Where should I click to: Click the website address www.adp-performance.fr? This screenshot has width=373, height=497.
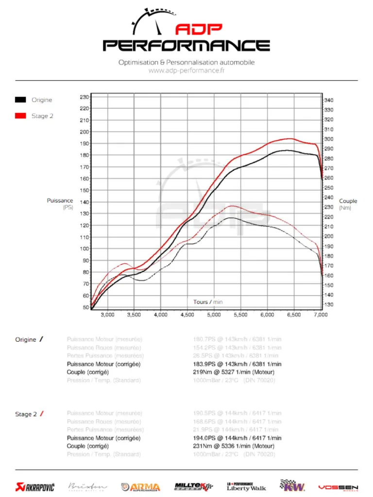(186, 71)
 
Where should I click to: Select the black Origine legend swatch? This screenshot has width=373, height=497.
(20, 100)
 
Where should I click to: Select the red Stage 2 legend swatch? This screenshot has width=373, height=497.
(20, 116)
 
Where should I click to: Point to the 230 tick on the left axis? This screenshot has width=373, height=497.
(84, 97)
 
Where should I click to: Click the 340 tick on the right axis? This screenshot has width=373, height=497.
(328, 100)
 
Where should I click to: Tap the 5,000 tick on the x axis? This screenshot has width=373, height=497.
(214, 315)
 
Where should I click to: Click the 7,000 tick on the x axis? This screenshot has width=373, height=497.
(321, 315)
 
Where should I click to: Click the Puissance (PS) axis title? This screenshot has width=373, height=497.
(60, 204)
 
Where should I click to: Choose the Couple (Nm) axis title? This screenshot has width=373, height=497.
(348, 204)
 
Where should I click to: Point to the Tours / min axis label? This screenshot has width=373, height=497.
(208, 302)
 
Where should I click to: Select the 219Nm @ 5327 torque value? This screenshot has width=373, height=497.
(234, 372)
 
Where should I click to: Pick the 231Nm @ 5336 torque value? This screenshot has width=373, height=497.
(234, 446)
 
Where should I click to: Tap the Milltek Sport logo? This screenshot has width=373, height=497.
(193, 486)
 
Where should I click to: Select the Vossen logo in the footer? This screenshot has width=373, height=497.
(338, 487)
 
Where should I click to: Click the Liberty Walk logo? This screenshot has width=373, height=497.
(246, 486)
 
